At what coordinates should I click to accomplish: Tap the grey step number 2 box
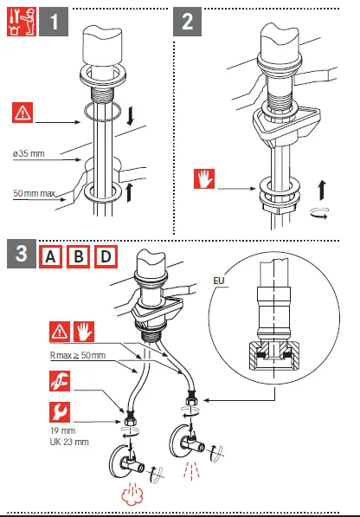188,21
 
